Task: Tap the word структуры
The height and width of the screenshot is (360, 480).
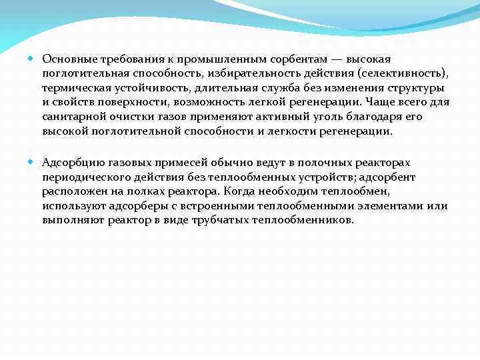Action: (x=417, y=88)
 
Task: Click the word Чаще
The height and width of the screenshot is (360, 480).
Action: (x=383, y=103)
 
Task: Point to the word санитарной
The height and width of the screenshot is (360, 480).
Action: (x=71, y=117)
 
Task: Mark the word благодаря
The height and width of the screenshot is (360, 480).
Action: (x=378, y=117)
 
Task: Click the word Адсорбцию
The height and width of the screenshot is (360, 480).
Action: (x=69, y=162)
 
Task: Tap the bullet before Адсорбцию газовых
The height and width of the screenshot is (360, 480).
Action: (x=32, y=162)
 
